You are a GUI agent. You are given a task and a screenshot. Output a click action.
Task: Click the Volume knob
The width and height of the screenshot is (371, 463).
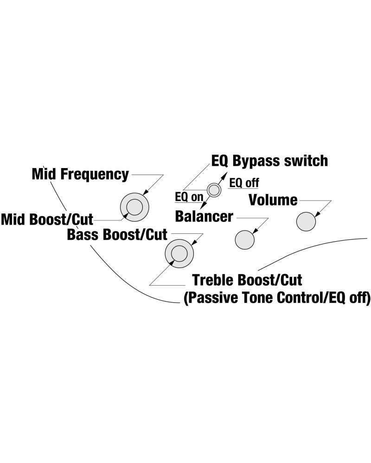tap(306, 221)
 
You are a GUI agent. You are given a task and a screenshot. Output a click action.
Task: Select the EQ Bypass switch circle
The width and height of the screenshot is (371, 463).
tap(214, 189)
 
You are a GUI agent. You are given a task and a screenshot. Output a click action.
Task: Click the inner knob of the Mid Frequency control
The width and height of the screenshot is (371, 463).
tap(134, 206)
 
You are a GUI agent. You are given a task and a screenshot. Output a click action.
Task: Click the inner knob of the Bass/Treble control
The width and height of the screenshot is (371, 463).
tap(179, 253)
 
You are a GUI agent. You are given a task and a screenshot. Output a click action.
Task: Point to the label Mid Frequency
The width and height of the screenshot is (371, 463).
tap(80, 175)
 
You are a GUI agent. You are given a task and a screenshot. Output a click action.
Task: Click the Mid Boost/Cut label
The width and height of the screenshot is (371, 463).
tap(47, 218)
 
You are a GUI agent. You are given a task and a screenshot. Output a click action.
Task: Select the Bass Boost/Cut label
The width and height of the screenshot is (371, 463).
tap(117, 234)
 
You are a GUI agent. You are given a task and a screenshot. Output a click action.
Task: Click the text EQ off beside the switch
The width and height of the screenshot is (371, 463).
tap(244, 183)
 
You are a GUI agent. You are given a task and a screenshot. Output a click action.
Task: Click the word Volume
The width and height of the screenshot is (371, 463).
tap(273, 200)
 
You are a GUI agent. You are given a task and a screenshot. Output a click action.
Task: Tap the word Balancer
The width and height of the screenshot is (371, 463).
tap(204, 216)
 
